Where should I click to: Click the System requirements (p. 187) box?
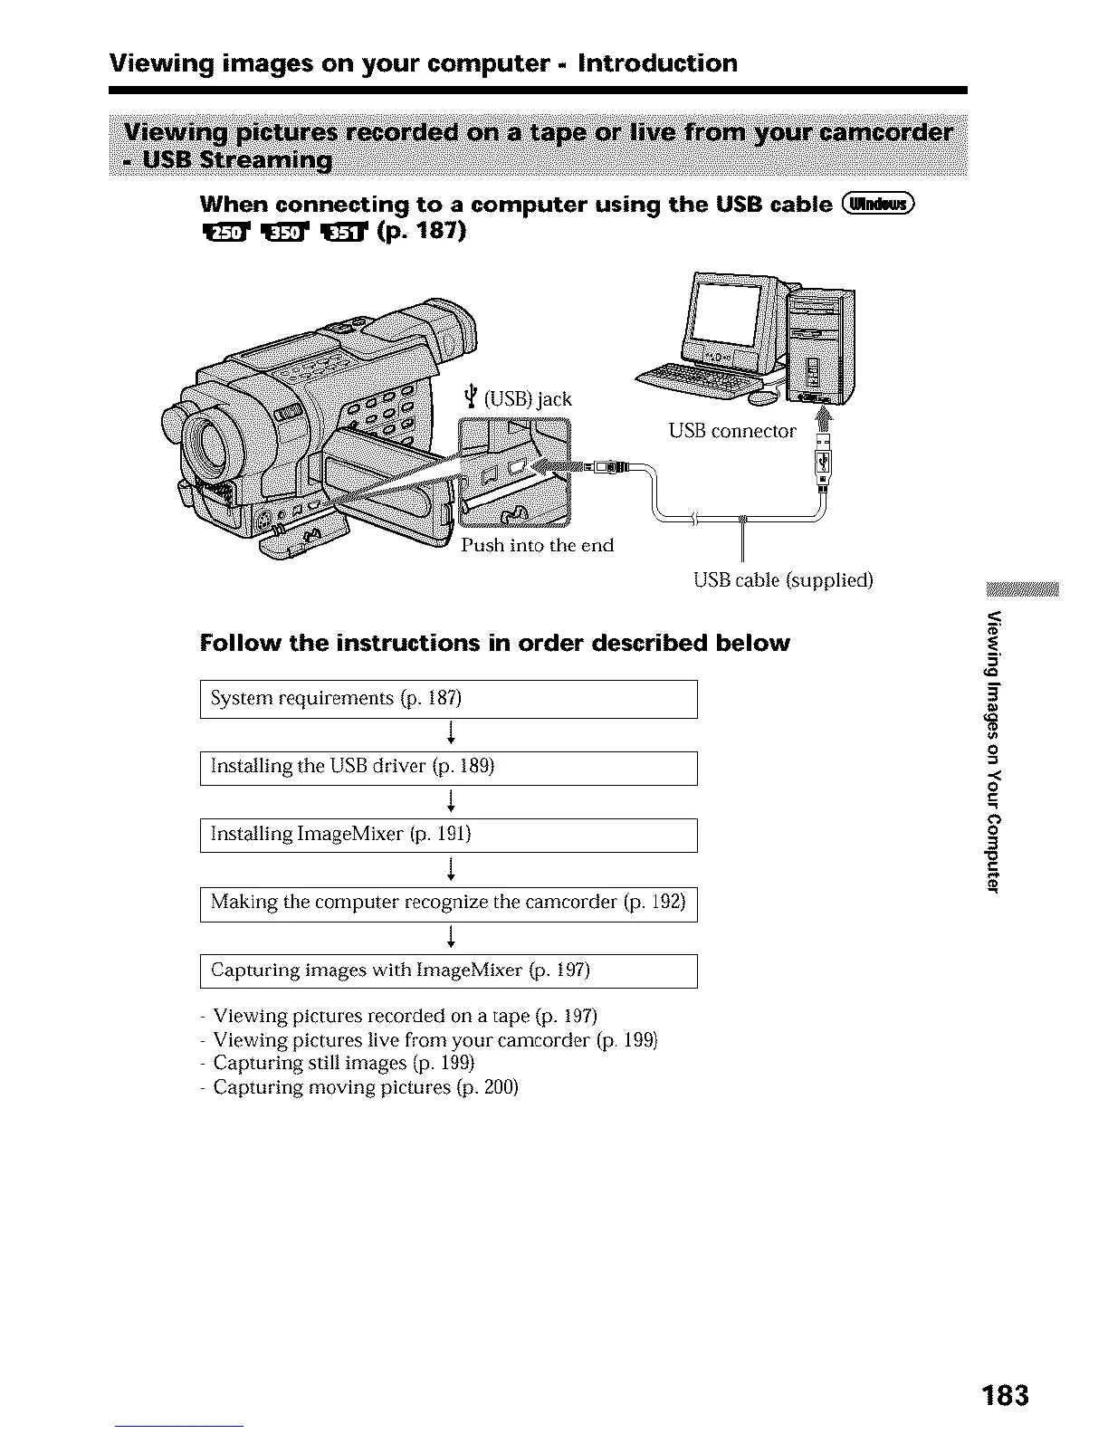448,699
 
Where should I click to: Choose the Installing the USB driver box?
448,768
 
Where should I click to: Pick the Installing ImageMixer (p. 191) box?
448,835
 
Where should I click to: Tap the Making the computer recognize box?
448,903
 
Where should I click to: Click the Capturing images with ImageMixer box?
448,971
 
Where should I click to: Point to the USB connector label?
732,431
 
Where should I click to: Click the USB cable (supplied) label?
782,579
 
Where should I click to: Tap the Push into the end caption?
537,545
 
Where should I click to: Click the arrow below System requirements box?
450,734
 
